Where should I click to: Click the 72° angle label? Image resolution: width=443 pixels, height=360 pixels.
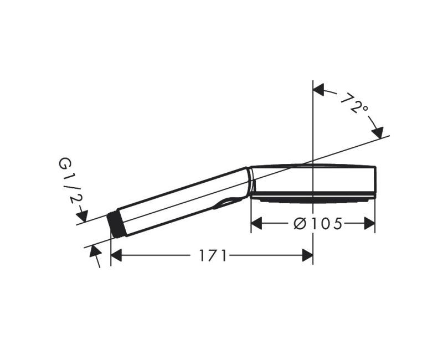[x=354, y=103]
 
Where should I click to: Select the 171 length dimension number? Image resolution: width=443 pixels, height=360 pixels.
[x=213, y=255]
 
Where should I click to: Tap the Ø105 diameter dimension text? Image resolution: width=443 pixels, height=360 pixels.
[x=318, y=224]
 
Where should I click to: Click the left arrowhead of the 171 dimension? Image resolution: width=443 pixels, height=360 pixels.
[x=116, y=255]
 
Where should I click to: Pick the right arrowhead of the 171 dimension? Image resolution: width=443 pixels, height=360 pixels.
[x=307, y=255]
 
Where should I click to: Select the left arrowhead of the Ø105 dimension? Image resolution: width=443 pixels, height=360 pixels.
[x=256, y=224]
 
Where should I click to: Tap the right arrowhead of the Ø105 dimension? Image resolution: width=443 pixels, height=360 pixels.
[x=369, y=224]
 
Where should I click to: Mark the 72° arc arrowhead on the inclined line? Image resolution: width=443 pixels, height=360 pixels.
[x=378, y=132]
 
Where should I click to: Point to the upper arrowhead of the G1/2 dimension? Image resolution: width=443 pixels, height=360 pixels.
[x=83, y=217]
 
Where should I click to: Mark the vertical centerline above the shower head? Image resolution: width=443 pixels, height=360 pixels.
[x=313, y=122]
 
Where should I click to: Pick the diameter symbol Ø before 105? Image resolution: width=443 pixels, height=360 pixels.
[x=300, y=224]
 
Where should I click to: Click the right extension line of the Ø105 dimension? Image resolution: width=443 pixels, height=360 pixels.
[x=375, y=216]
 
